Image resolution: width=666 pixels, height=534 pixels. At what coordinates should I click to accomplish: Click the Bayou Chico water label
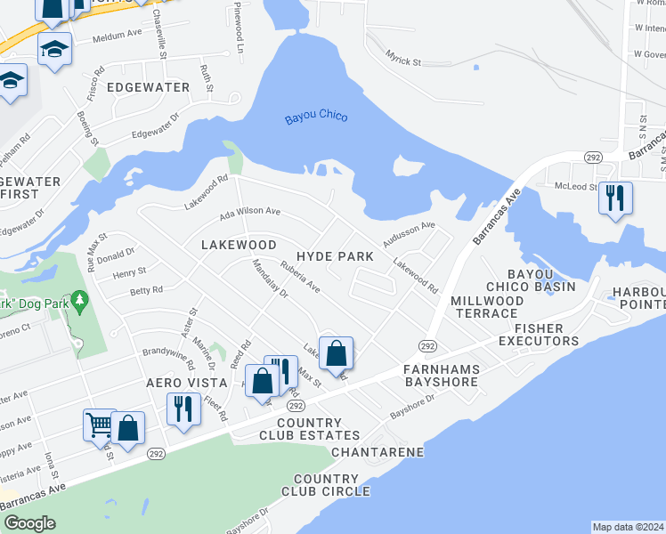(316, 118)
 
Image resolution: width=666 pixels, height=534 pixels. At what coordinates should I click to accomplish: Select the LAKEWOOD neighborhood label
(239, 245)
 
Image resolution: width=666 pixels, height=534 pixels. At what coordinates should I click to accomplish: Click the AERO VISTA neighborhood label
(183, 381)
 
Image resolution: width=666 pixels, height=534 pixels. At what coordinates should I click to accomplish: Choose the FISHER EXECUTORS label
(539, 334)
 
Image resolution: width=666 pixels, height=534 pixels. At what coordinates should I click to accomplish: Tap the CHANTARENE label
(378, 453)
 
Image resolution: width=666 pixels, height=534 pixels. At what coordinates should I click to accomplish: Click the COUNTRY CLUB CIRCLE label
(326, 485)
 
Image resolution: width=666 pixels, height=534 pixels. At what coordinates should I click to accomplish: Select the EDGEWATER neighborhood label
(149, 87)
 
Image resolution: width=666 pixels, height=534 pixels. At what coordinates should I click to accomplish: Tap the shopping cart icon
(100, 425)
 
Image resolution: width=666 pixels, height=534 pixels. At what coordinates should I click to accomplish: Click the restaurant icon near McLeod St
(615, 198)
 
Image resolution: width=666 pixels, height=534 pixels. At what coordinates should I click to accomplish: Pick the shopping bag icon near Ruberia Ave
(337, 353)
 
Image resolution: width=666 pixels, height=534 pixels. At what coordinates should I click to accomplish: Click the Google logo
(29, 523)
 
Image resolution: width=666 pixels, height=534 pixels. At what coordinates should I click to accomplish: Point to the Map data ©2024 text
(627, 527)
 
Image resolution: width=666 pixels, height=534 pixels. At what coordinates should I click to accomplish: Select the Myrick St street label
(402, 62)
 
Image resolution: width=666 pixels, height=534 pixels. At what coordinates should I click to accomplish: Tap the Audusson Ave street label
(409, 233)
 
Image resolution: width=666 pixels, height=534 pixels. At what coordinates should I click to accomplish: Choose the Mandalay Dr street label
(270, 278)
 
